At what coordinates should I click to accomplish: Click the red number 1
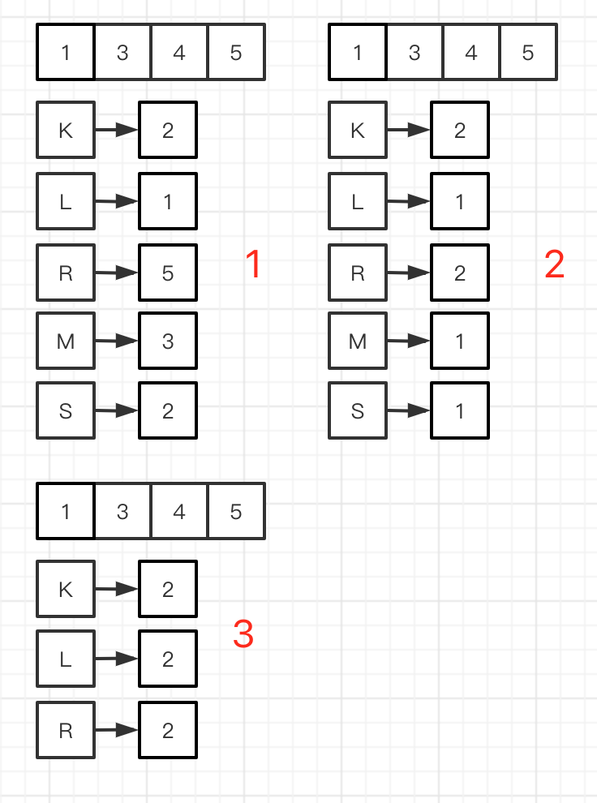(x=253, y=265)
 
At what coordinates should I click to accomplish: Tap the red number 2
(x=554, y=265)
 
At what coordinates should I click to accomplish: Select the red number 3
(x=243, y=634)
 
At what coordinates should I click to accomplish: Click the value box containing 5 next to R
(x=168, y=273)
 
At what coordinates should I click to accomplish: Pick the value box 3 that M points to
(x=168, y=341)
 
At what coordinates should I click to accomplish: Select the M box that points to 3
(x=66, y=341)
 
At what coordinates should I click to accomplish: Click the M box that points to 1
(x=358, y=341)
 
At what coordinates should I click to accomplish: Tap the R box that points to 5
(x=66, y=273)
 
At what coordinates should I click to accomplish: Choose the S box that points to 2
(x=66, y=410)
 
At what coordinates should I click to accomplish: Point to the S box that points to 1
(x=358, y=410)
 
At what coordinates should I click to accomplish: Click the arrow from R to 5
(x=117, y=273)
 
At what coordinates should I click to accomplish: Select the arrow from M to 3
(x=117, y=342)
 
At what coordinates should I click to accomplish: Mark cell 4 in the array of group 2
(x=471, y=53)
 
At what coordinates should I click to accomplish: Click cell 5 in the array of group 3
(x=236, y=512)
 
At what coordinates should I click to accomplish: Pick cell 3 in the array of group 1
(x=122, y=53)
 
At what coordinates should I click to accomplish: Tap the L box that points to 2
(x=66, y=659)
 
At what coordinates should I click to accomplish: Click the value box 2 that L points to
(x=168, y=659)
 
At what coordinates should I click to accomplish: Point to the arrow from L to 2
(x=117, y=659)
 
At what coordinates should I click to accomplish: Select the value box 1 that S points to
(x=460, y=410)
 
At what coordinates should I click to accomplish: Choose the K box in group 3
(x=66, y=589)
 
